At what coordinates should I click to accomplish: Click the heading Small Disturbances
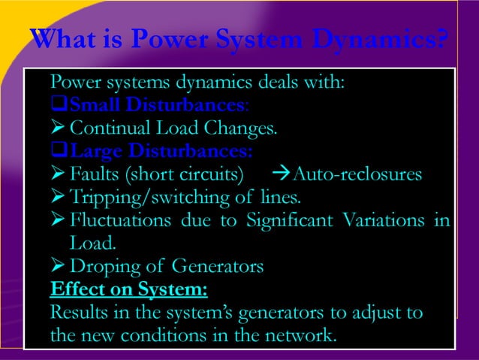click(x=149, y=104)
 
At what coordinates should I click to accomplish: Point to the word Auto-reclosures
click(x=357, y=176)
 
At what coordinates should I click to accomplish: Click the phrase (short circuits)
click(x=182, y=176)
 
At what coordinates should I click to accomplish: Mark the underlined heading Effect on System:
click(x=128, y=289)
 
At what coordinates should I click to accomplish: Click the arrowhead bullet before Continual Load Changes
click(x=56, y=129)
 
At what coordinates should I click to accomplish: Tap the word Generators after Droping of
click(x=218, y=266)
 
